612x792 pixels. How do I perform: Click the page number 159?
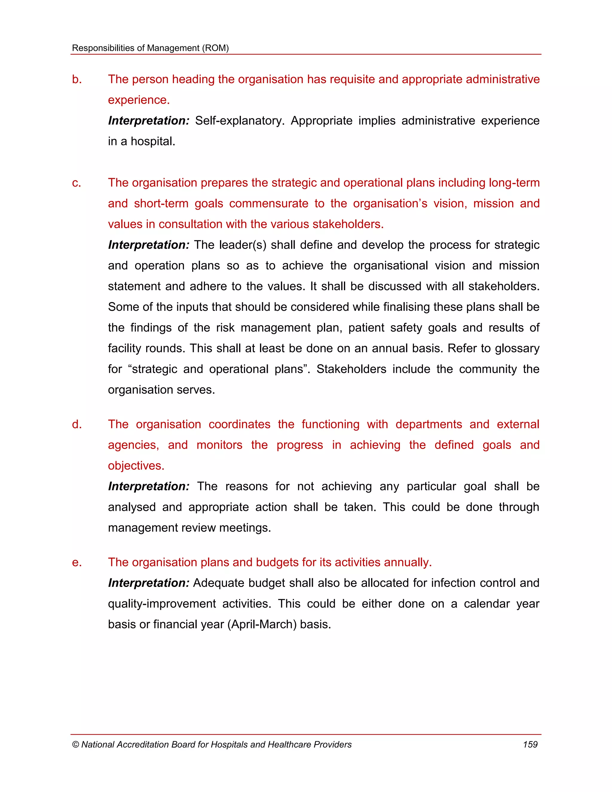(530, 744)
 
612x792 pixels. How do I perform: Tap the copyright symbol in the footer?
(75, 745)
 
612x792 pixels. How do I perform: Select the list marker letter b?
(76, 79)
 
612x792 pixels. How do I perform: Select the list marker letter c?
(76, 183)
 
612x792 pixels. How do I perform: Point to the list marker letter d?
(76, 424)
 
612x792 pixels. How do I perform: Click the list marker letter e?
(76, 562)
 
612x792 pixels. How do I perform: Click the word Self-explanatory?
(239, 121)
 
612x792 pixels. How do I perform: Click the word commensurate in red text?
(269, 204)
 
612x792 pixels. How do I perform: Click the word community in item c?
(488, 369)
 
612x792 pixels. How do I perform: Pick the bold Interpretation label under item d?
(149, 486)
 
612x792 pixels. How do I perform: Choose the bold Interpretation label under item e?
(149, 583)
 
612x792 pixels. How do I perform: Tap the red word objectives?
(136, 466)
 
